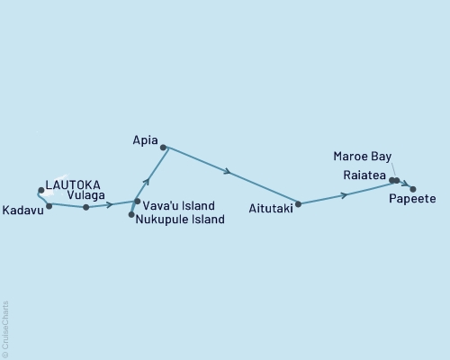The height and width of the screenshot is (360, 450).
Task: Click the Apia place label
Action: [x=145, y=141]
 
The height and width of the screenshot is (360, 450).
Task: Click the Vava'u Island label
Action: [x=178, y=205]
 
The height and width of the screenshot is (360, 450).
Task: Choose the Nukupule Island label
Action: [x=180, y=219]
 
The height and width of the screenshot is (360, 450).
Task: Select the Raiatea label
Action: [x=364, y=175]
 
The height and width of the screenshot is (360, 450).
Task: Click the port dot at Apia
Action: [x=163, y=147]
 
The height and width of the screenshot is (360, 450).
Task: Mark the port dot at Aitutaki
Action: [x=298, y=204]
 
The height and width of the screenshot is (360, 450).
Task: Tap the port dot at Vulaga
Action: [x=85, y=207]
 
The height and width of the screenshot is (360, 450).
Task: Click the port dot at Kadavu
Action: [x=49, y=206]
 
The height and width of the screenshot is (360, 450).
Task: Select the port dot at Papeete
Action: [x=413, y=189]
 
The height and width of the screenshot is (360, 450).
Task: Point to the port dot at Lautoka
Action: [x=40, y=190]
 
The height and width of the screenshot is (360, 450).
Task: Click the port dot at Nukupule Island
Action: [x=131, y=214]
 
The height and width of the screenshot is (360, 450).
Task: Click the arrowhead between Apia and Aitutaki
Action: [x=229, y=171]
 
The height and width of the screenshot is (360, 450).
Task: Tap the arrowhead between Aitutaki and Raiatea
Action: [x=345, y=194]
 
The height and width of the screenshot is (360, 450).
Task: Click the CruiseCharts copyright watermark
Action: [x=5, y=328]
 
